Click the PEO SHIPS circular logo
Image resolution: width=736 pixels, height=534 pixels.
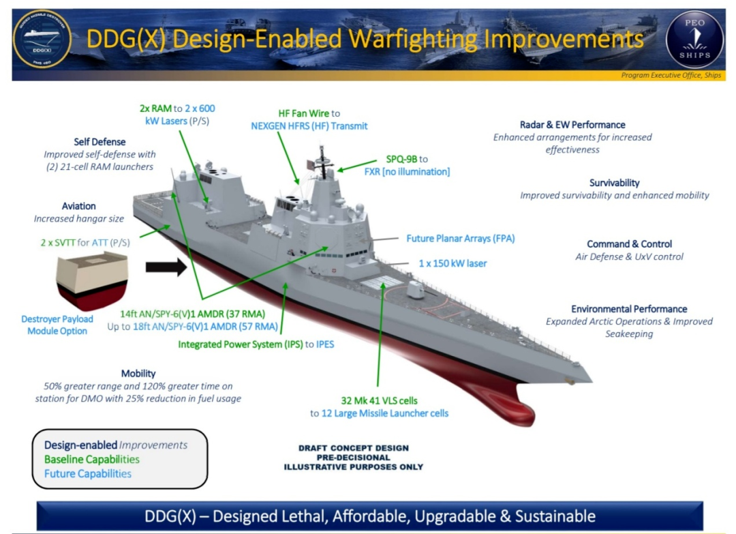pyautogui.click(x=694, y=40)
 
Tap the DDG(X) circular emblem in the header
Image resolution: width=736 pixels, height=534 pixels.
pyautogui.click(x=42, y=40)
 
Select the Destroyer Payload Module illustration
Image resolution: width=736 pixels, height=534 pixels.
pyautogui.click(x=92, y=281)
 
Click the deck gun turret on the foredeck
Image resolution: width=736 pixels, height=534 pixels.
pyautogui.click(x=416, y=289)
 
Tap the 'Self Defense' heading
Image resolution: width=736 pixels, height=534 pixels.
pyautogui.click(x=99, y=142)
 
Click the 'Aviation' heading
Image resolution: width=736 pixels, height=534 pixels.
pyautogui.click(x=79, y=206)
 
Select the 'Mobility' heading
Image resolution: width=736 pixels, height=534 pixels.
pyautogui.click(x=138, y=373)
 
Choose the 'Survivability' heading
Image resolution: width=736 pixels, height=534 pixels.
pyautogui.click(x=615, y=183)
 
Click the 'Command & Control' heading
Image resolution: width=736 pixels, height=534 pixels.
pyautogui.click(x=630, y=243)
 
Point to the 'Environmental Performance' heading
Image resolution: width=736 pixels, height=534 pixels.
pyautogui.click(x=629, y=309)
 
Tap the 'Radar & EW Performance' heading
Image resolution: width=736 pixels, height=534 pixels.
pyautogui.click(x=572, y=125)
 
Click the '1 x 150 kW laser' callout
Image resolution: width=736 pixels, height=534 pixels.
pyautogui.click(x=453, y=263)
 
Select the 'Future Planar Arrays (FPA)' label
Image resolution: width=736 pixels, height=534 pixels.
pyautogui.click(x=461, y=239)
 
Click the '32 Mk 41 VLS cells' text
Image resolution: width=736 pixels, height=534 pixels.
pyautogui.click(x=380, y=400)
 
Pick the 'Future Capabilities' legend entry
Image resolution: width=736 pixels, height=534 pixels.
pyautogui.click(x=88, y=474)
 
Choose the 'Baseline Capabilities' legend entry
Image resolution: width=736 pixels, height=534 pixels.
pyautogui.click(x=92, y=460)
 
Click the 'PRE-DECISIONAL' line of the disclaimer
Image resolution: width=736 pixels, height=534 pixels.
pyautogui.click(x=354, y=458)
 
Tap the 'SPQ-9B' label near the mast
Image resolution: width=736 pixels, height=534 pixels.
pyautogui.click(x=401, y=159)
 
